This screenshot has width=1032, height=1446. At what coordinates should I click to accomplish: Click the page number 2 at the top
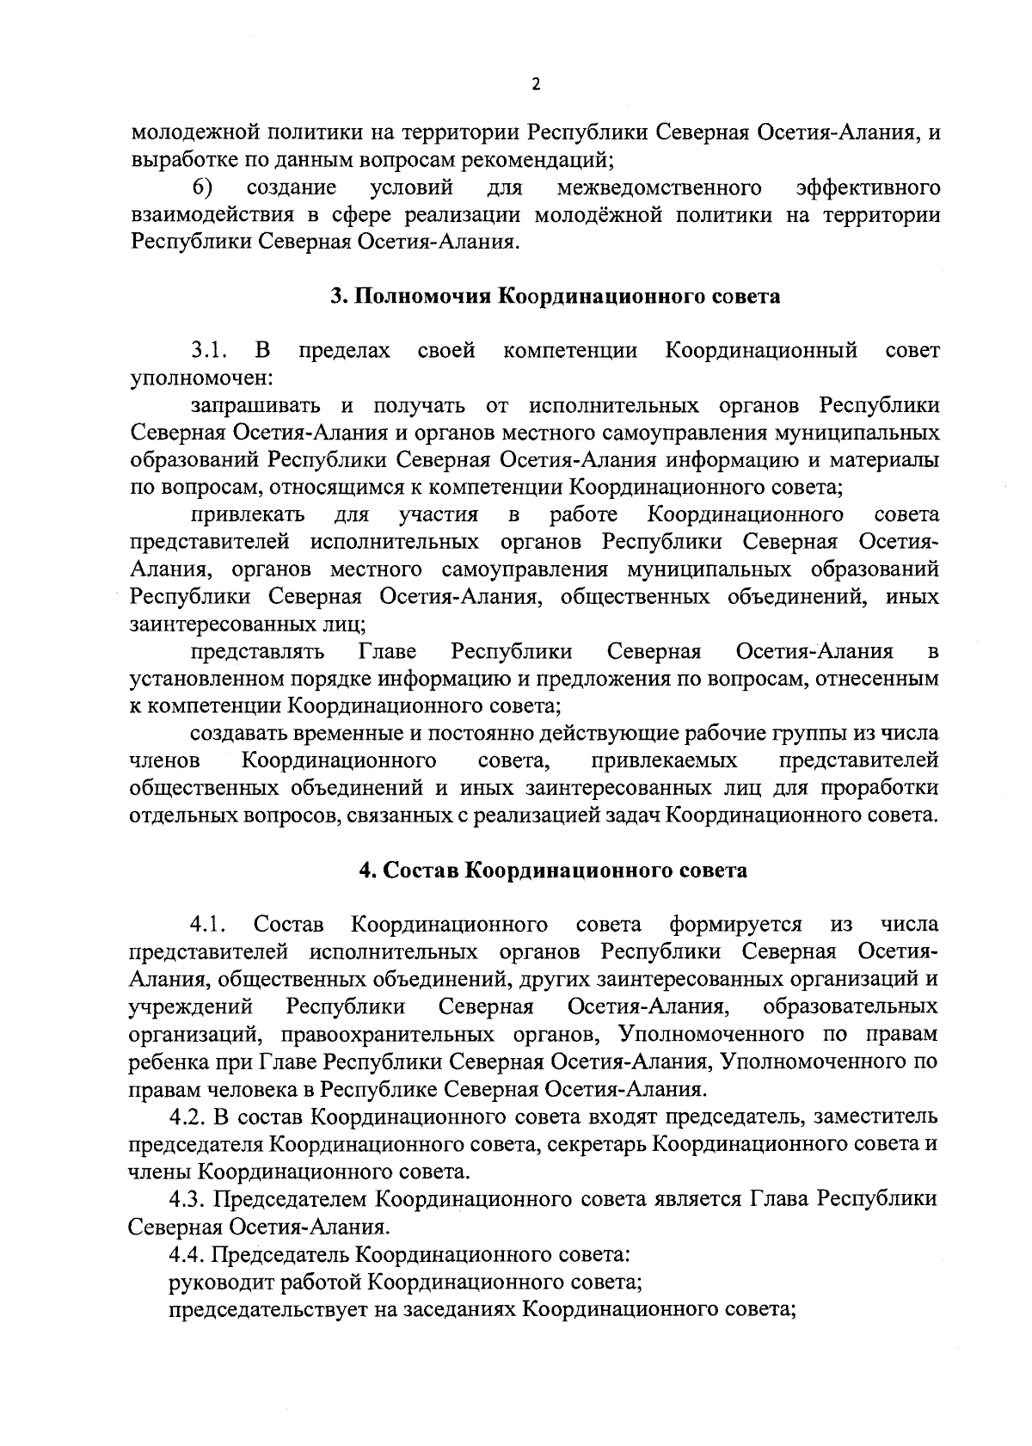[536, 84]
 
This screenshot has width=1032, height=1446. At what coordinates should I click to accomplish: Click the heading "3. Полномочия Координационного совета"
[556, 297]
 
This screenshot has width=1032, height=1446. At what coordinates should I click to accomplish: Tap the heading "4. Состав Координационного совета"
[553, 871]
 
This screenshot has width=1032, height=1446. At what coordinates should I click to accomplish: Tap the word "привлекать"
[248, 515]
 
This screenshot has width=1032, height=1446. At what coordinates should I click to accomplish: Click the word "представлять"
[256, 651]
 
